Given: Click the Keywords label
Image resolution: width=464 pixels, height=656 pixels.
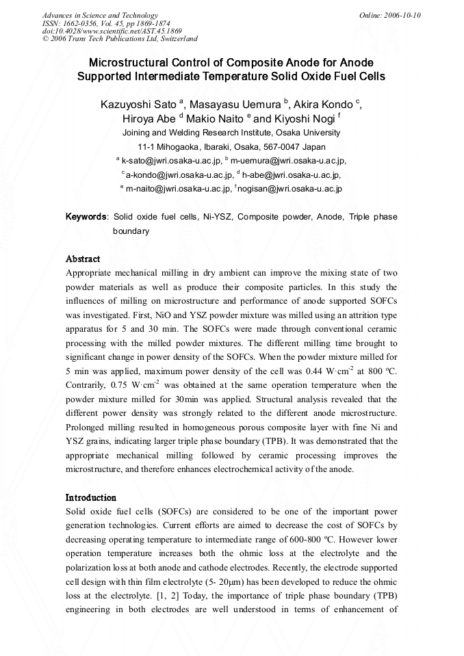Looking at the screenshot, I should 86,217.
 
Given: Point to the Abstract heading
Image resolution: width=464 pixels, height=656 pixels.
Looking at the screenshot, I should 83,259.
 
